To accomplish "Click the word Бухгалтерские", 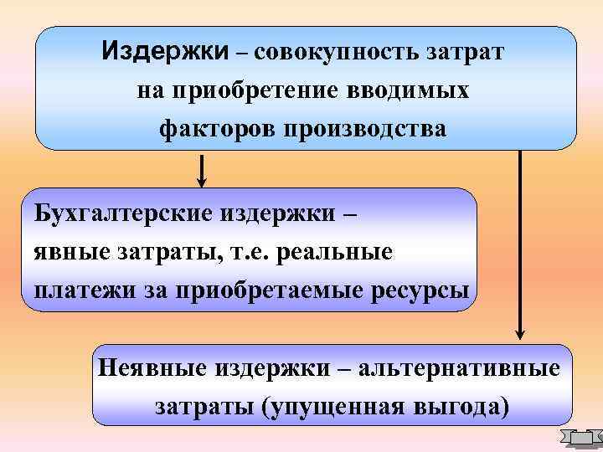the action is [x=122, y=211].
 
